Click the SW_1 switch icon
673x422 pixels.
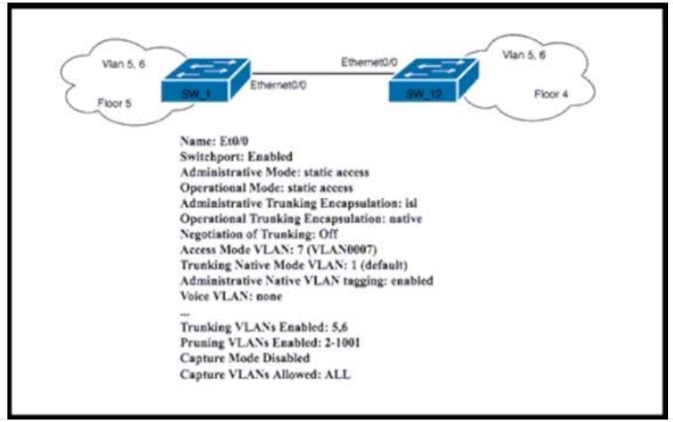(206, 80)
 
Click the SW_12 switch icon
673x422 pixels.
(434, 80)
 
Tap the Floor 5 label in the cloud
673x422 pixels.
(114, 103)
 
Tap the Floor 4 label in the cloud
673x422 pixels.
(551, 94)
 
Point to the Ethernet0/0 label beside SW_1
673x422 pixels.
(278, 85)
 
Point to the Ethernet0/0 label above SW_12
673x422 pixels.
(369, 62)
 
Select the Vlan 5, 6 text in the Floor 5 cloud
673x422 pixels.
(123, 64)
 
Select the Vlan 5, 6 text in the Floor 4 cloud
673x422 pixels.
(524, 54)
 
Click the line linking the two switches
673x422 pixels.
(322, 74)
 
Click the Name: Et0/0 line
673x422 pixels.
(214, 141)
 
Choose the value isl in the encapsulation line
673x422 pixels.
(411, 203)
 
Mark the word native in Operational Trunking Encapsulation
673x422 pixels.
(405, 218)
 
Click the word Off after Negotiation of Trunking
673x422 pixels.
(329, 234)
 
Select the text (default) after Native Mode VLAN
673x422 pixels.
(384, 265)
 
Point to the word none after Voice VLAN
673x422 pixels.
(269, 296)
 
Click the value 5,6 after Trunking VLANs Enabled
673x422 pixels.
(339, 327)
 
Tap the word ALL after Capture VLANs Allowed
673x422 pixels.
(338, 374)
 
